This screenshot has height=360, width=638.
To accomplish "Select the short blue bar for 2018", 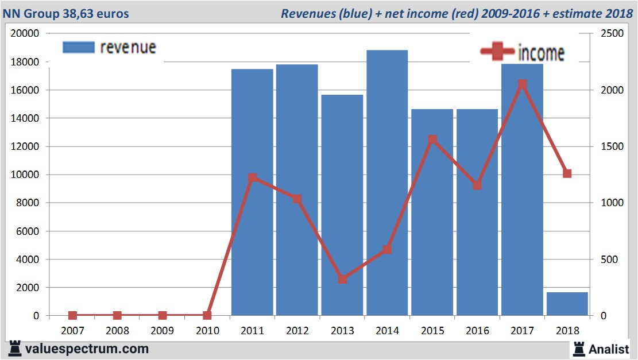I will [567, 304].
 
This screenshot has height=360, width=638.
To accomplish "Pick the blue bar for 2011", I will [252, 192].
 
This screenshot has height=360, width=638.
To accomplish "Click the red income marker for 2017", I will [522, 84].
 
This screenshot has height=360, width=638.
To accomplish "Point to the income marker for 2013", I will [342, 279].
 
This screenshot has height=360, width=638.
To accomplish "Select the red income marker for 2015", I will [432, 140].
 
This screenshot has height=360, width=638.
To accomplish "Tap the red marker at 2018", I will [567, 173].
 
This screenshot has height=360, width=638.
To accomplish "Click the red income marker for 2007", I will [72, 315].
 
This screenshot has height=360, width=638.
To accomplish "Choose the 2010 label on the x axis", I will [207, 331].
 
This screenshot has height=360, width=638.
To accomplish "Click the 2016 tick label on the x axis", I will [477, 331].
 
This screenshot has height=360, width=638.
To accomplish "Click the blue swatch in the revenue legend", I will [78, 47].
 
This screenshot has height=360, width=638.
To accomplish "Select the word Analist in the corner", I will [609, 349].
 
